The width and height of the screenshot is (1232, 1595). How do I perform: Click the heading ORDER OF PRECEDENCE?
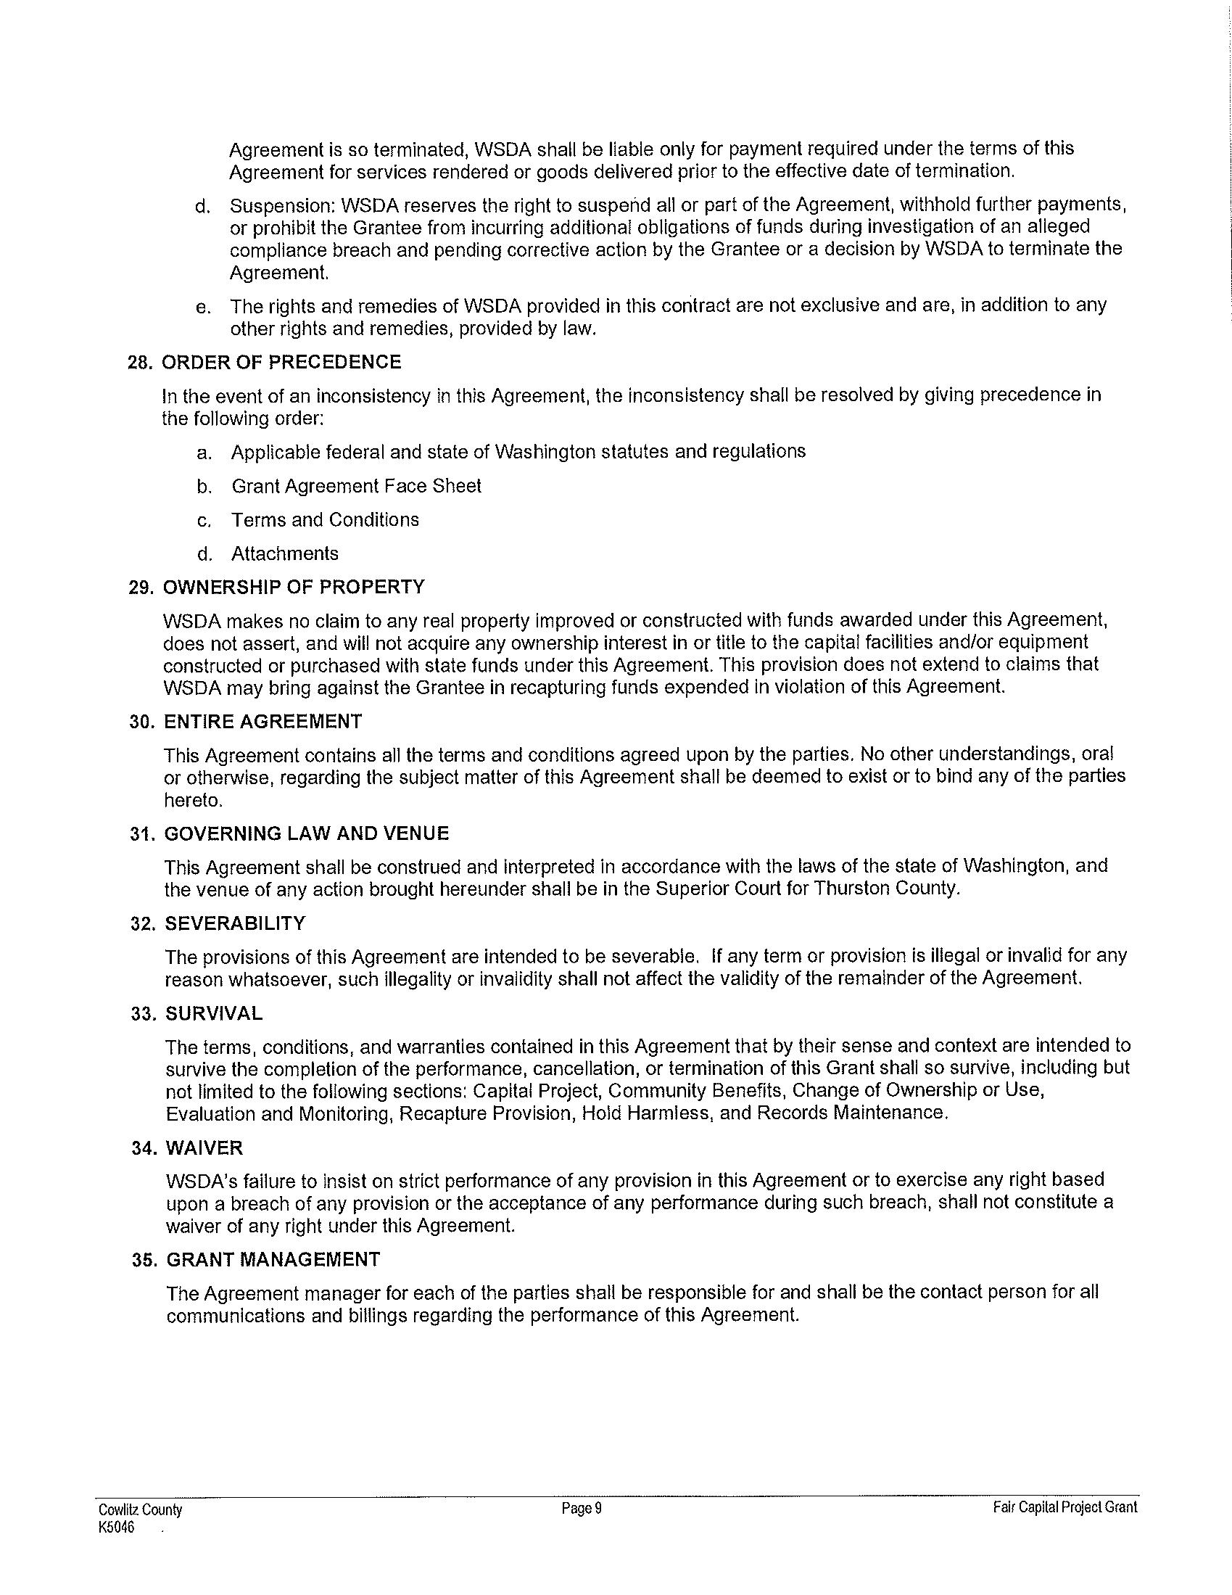tap(281, 362)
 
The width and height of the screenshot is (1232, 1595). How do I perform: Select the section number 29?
tap(141, 588)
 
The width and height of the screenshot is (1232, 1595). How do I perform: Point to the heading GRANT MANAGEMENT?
tap(273, 1259)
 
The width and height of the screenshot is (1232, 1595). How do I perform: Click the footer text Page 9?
tap(582, 1508)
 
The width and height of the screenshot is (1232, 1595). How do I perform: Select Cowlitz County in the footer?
tap(140, 1509)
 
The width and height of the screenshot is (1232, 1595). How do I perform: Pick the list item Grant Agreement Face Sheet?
tap(356, 486)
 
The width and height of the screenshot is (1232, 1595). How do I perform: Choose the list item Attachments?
tap(285, 553)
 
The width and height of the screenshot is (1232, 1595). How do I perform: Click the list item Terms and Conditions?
tap(325, 519)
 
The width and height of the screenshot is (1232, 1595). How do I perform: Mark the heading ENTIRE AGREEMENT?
tap(263, 722)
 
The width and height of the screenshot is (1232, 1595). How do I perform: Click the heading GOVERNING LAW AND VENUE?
tap(307, 833)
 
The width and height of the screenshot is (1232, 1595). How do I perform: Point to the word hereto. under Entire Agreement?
tap(193, 801)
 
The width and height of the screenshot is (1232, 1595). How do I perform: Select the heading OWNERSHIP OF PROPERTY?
tap(294, 588)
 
